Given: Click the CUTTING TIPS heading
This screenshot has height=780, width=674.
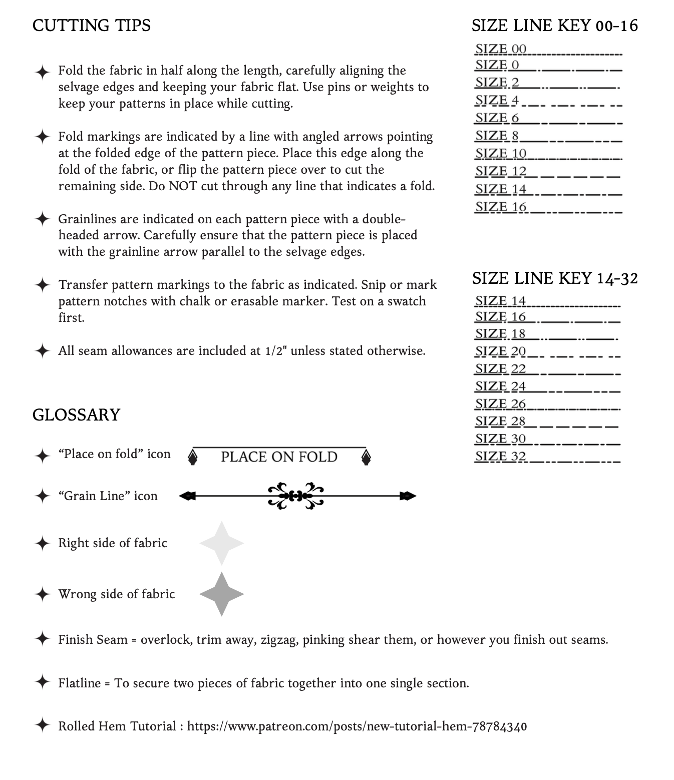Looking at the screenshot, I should click(92, 26).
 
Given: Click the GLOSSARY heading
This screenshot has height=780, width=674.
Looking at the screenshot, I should click(76, 415).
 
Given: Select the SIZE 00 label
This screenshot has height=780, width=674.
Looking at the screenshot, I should click(501, 49).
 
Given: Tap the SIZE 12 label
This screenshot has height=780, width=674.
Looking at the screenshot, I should click(501, 171).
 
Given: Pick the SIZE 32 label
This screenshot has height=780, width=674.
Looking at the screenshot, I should click(500, 457).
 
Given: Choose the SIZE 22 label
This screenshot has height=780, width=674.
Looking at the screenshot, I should click(500, 369).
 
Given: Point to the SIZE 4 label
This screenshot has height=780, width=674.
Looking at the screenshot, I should click(497, 100).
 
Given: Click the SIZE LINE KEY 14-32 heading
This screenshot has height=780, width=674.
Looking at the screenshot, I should click(555, 278).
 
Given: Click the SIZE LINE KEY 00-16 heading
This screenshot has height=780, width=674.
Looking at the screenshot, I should click(555, 26).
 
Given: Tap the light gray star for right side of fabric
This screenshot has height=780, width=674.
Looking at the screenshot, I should click(221, 543).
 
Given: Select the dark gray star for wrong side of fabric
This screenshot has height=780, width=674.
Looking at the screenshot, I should click(221, 594).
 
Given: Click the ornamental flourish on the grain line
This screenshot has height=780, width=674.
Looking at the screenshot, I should click(296, 496).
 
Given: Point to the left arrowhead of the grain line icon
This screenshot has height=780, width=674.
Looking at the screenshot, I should click(186, 496).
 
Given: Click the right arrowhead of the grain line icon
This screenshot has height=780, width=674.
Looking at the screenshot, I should click(408, 496).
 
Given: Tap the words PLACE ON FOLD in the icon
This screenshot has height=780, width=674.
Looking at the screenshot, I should click(279, 457).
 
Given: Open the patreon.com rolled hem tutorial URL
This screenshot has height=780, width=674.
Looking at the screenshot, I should click(357, 726).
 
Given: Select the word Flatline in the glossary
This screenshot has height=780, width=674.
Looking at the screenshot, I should click(80, 683).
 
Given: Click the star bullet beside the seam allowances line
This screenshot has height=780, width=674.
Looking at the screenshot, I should click(43, 350).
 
